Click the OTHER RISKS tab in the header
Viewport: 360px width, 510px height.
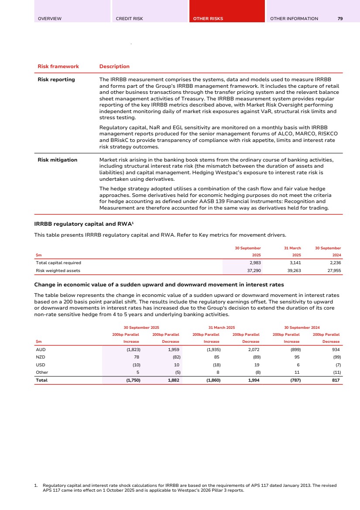coord(208,19)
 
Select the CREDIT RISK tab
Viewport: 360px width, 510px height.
coord(129,19)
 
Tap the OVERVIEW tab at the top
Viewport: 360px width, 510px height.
coord(50,19)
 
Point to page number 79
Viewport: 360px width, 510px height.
coord(340,19)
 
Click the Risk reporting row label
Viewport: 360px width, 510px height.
coord(56,79)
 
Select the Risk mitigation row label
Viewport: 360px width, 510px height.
coord(58,160)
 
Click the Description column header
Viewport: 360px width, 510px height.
coord(114,66)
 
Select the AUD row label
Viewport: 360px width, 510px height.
coord(41,350)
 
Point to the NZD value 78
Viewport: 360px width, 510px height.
coord(137,357)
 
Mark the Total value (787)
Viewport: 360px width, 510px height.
coord(295,380)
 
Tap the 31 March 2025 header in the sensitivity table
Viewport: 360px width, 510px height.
coord(222,327)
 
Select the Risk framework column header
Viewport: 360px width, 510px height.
coord(58,66)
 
